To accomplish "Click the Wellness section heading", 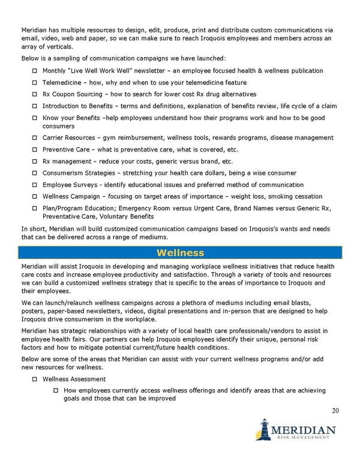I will click(x=180, y=253).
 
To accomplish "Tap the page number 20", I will click(x=335, y=411).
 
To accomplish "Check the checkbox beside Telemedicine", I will click(x=35, y=83).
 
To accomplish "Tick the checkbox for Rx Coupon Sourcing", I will click(x=35, y=94).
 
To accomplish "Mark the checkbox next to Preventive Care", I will click(x=35, y=150).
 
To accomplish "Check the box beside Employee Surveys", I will click(x=35, y=185).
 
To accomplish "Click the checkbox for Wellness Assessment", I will click(x=35, y=380).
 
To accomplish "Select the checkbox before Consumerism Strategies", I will click(x=35, y=174).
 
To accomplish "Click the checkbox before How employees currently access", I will click(x=56, y=391).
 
